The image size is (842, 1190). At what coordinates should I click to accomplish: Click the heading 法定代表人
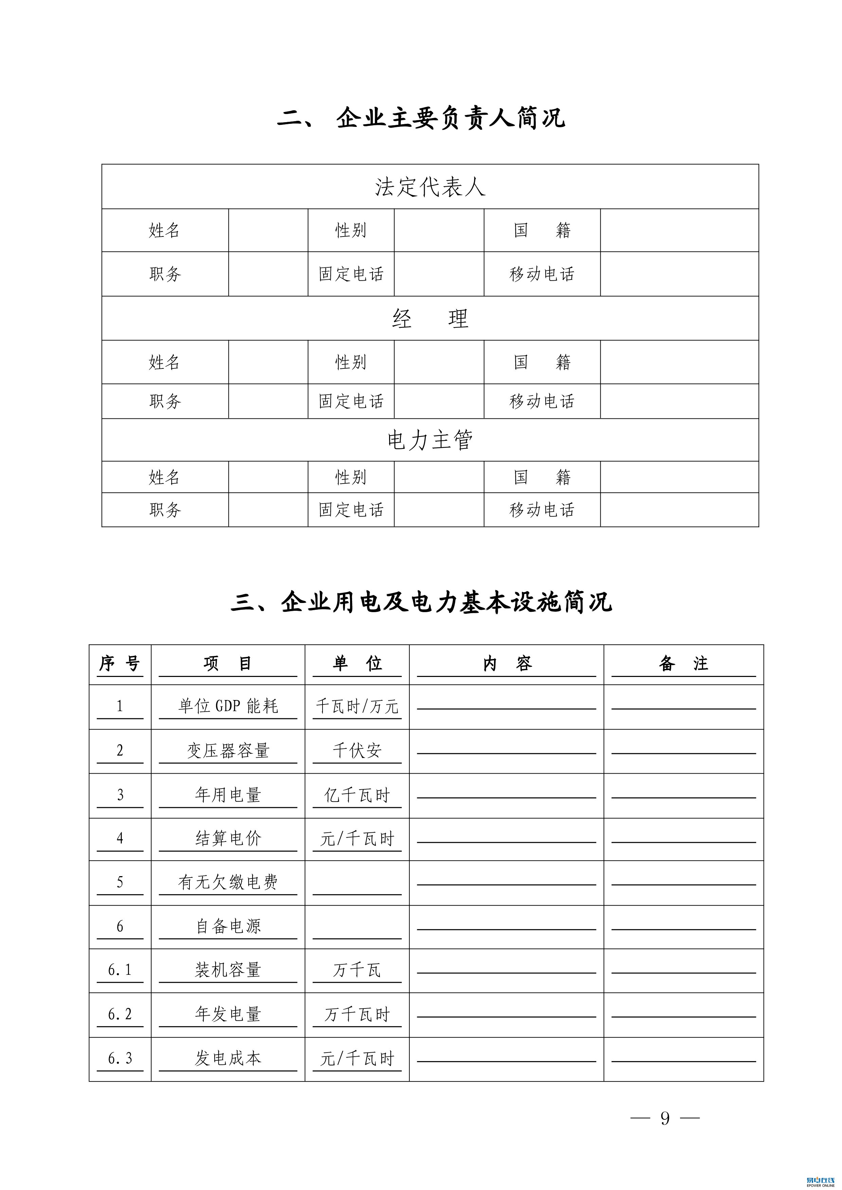430,187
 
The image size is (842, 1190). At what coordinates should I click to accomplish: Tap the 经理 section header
430,318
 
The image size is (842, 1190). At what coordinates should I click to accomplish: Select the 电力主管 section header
430,440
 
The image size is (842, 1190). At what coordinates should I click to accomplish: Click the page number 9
665,1118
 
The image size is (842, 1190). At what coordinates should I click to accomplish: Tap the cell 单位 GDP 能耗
228,706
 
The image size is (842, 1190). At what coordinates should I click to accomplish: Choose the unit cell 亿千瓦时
357,795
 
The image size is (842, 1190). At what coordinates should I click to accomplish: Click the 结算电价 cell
228,838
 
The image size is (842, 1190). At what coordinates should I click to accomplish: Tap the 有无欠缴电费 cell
228,882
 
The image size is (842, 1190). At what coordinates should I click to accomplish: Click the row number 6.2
120,1014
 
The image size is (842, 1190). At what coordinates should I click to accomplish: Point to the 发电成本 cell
228,1058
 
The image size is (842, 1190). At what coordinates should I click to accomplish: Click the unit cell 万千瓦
357,970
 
